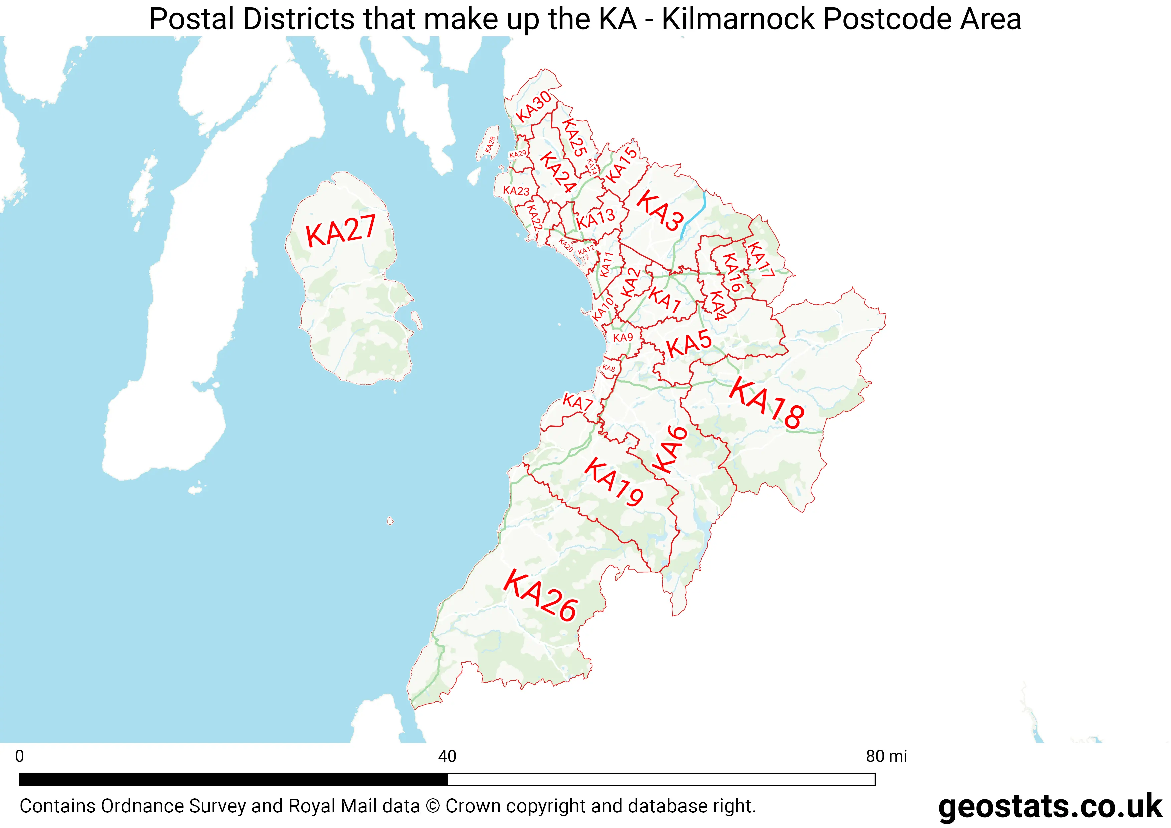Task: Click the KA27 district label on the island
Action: click(x=341, y=231)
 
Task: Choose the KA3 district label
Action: click(x=660, y=210)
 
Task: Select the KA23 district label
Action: click(x=516, y=191)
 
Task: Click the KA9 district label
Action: click(x=623, y=338)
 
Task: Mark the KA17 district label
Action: click(x=760, y=259)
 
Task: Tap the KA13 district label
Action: click(x=595, y=219)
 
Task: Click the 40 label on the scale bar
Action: click(x=447, y=756)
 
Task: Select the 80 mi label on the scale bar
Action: click(x=887, y=756)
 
